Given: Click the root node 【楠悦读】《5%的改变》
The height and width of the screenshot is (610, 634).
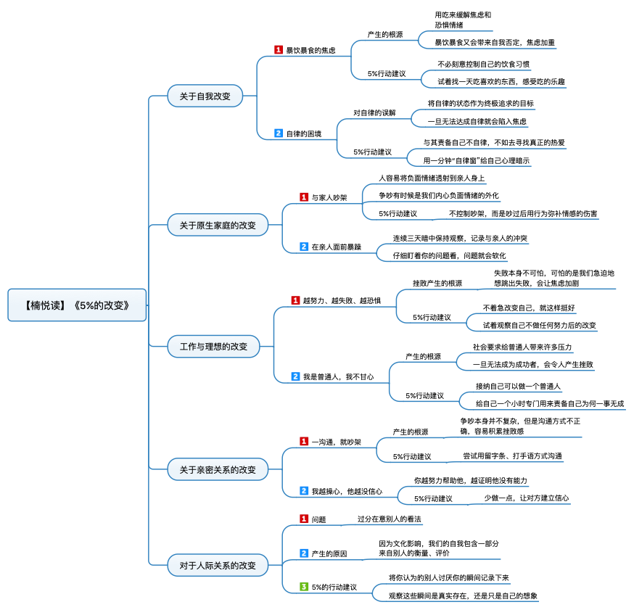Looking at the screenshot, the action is tap(77, 305).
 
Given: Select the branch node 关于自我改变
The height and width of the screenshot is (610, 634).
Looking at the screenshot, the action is tap(205, 96).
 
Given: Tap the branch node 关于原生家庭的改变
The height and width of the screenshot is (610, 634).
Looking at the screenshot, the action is tap(218, 225).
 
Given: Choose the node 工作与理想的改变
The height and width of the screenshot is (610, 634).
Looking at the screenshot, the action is tap(213, 347).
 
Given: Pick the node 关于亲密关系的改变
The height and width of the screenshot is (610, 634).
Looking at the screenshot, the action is tap(218, 469).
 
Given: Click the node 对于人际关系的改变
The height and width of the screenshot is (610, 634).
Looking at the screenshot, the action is tap(218, 565).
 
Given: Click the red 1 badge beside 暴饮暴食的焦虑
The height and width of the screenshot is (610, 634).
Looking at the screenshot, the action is tap(279, 50).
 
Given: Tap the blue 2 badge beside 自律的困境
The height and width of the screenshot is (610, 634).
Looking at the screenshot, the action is tap(279, 133).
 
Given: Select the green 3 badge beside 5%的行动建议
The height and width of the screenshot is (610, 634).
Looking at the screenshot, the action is tap(304, 586).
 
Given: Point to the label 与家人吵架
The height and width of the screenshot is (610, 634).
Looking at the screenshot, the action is tap(329, 198).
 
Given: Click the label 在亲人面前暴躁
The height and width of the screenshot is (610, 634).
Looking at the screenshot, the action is tap(337, 247).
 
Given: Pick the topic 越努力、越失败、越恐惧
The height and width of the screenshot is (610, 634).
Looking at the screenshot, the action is tap(342, 301).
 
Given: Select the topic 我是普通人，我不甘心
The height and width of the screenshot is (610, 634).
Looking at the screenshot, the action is tap(339, 376).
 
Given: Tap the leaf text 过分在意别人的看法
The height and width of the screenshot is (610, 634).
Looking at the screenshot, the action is tap(389, 519).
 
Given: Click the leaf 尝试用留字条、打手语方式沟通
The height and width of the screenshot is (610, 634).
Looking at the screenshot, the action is tap(512, 456).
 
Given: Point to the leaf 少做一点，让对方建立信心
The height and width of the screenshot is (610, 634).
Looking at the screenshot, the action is tap(527, 498).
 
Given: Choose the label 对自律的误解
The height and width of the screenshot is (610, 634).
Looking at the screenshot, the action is tap(374, 112).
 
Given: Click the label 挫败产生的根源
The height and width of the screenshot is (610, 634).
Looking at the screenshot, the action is tap(437, 284).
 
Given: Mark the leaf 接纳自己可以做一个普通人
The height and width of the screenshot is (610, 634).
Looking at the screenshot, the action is tap(518, 387).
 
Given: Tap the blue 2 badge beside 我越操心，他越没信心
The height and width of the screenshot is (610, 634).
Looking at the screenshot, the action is tap(304, 491).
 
